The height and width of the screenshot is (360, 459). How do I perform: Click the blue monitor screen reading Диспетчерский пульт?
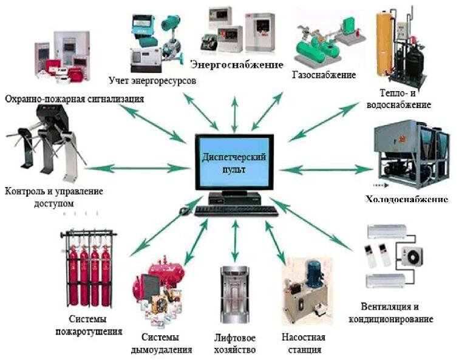coord(234,162)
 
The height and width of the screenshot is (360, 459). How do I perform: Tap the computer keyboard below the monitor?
coord(236,211)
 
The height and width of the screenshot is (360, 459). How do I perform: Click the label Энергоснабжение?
coord(237,65)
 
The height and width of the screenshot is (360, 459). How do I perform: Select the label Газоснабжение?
coord(324,75)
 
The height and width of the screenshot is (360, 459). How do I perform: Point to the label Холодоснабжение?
coord(407,199)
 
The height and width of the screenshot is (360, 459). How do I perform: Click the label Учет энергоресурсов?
coord(152,81)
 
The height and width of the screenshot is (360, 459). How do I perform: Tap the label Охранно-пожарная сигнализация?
coord(75,99)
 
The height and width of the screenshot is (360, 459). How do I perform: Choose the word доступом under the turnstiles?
coord(54,203)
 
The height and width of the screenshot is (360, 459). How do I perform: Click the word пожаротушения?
coord(89,331)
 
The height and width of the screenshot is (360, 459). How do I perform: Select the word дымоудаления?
coord(161,350)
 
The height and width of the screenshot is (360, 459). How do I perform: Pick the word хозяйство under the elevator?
coord(235,350)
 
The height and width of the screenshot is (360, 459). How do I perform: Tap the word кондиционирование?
coord(391,319)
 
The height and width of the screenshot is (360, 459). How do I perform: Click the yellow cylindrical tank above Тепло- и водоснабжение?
coord(384,41)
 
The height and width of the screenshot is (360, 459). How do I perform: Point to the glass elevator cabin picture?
coord(234,294)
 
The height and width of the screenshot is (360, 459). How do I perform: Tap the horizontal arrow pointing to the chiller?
coord(326,169)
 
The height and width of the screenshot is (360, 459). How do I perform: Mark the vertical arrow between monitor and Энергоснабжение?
coord(234,115)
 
